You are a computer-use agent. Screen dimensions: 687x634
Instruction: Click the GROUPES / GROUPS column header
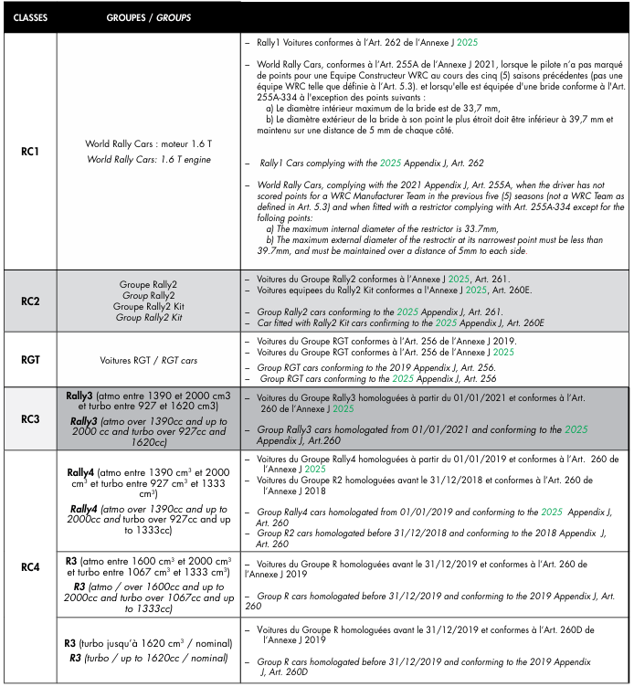tap(149, 17)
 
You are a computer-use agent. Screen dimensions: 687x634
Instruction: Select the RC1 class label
tap(30, 151)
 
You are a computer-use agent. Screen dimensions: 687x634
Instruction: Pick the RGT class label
tap(30, 360)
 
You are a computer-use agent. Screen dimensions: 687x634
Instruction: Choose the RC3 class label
tap(30, 419)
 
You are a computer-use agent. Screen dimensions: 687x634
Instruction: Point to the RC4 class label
tap(30, 566)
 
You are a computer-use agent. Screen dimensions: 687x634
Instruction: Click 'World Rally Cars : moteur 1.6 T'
tap(149, 144)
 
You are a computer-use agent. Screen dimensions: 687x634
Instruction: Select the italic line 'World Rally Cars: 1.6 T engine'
tap(149, 159)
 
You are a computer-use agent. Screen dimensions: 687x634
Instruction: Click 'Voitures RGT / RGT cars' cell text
tap(149, 360)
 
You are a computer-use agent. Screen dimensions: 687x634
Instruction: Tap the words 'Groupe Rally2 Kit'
tap(149, 306)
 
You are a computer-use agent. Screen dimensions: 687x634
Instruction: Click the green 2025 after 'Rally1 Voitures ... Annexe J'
tap(466, 43)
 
